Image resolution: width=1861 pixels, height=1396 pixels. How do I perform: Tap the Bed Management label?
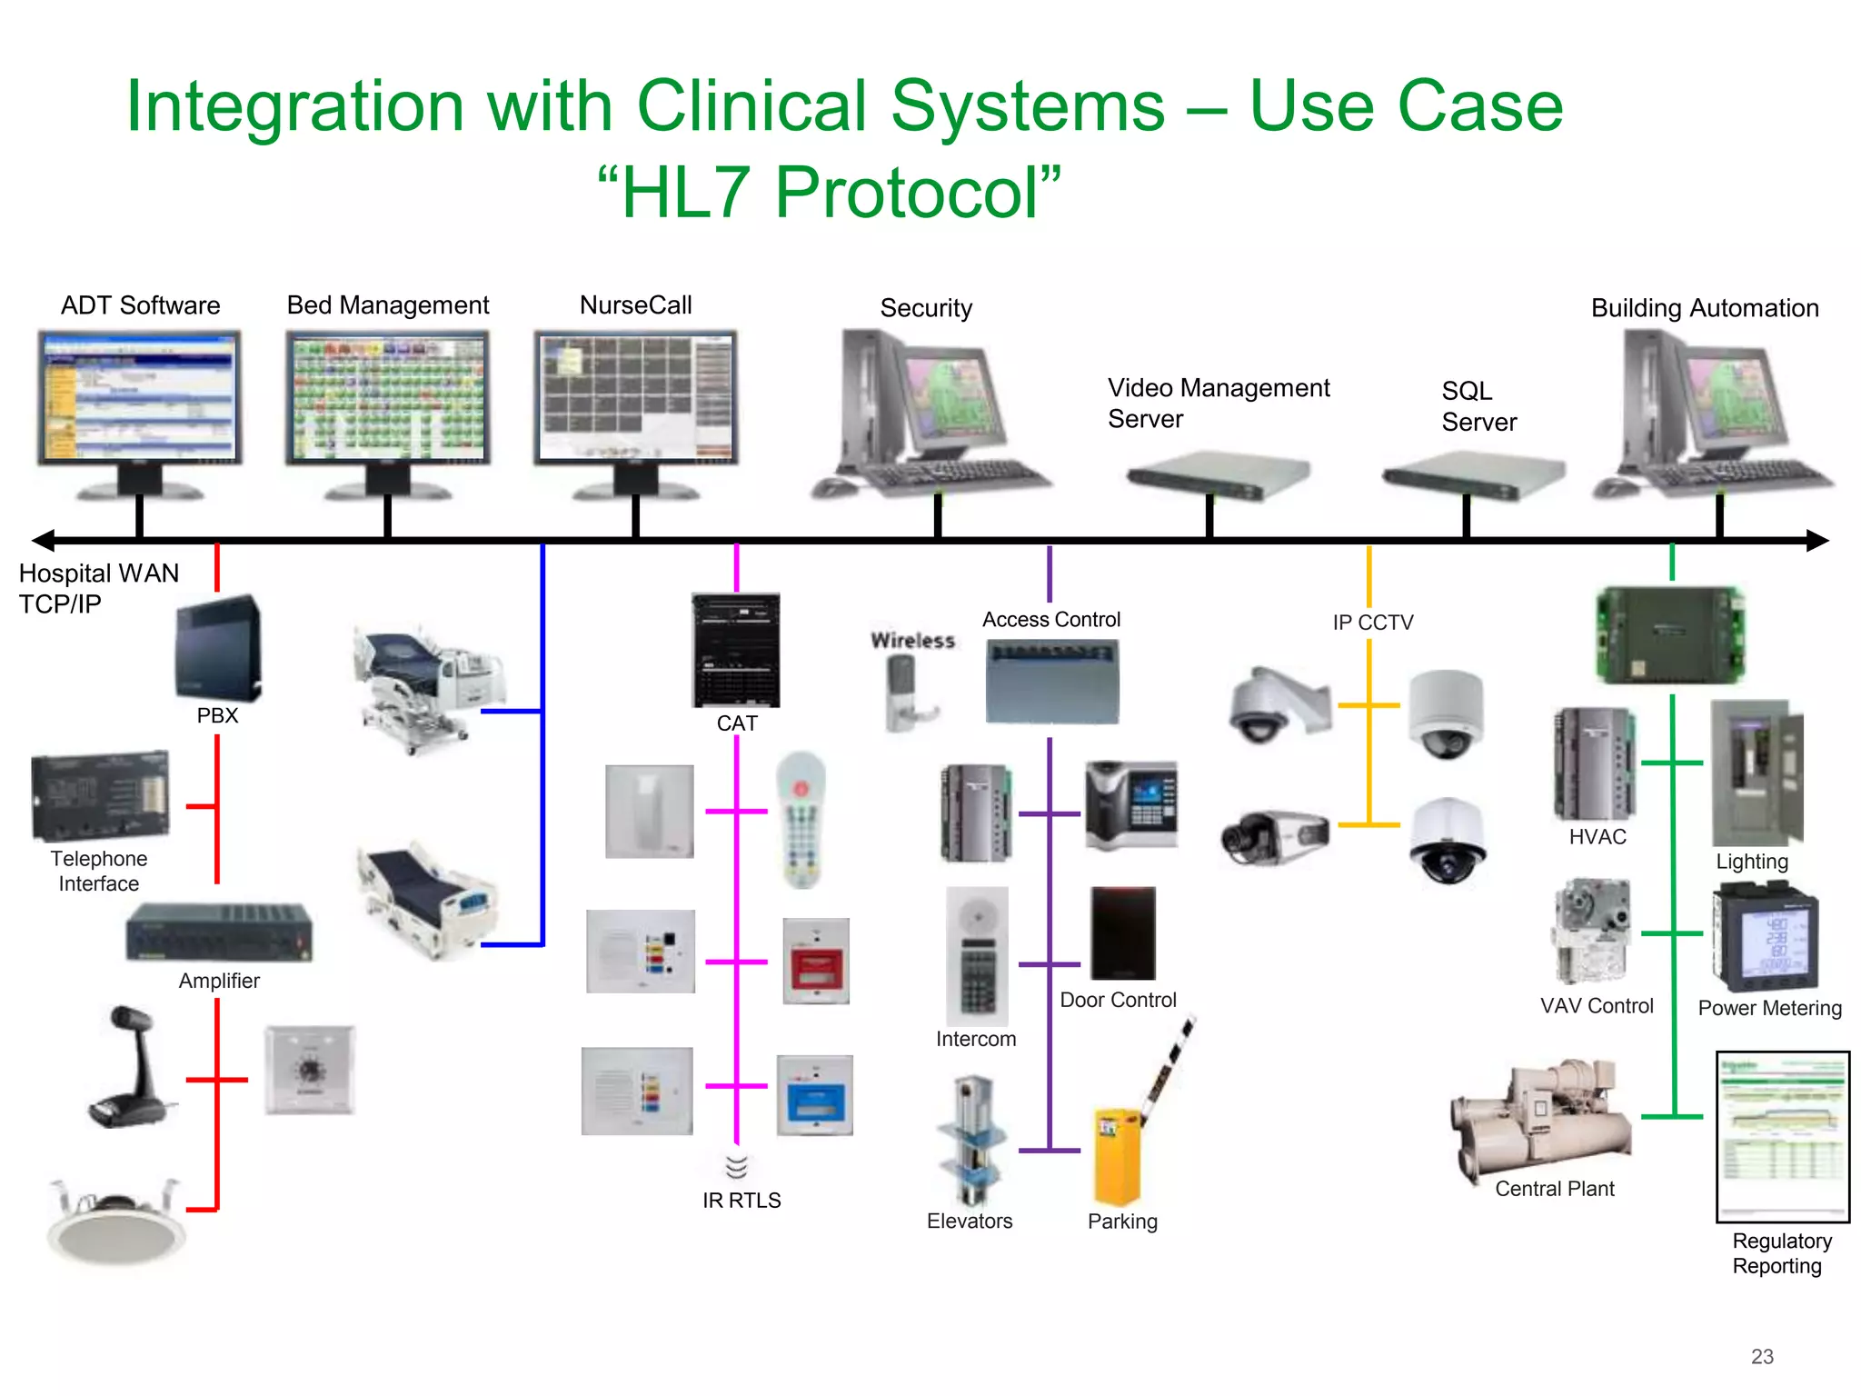(388, 305)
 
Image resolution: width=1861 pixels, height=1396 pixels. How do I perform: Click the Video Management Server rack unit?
(1217, 475)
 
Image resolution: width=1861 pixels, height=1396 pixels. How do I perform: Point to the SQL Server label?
(1478, 406)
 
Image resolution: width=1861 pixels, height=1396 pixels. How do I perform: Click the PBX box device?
(218, 647)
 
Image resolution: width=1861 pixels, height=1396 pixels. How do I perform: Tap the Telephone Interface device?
(100, 796)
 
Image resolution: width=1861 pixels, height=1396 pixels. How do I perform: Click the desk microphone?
(131, 1067)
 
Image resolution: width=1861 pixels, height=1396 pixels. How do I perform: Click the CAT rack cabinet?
(736, 650)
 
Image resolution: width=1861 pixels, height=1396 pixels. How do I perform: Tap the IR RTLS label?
(741, 1201)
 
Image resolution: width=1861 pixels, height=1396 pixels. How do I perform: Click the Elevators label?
(970, 1221)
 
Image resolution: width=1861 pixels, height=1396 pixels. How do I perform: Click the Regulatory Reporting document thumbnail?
(1782, 1136)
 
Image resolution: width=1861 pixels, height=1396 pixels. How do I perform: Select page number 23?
(1762, 1357)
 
